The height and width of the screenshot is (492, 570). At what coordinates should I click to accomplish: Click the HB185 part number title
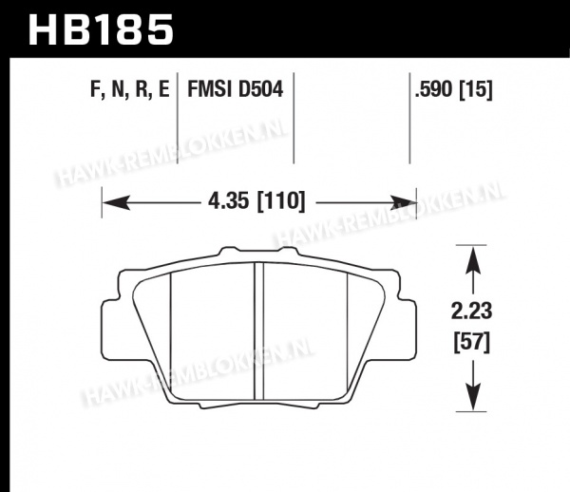[x=101, y=29]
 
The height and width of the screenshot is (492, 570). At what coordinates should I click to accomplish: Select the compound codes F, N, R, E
[x=130, y=89]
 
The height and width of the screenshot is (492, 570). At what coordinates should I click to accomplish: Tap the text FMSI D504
[x=236, y=89]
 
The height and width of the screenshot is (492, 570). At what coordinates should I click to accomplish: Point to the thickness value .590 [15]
[x=454, y=89]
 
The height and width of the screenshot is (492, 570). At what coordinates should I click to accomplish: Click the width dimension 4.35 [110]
[x=256, y=201]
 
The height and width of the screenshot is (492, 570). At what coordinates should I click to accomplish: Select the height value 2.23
[x=471, y=312]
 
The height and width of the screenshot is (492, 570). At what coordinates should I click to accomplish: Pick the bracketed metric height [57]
[x=472, y=342]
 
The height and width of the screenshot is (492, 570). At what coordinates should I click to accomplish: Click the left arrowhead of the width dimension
[x=116, y=202]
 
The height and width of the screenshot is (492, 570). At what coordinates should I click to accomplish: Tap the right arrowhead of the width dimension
[x=403, y=202]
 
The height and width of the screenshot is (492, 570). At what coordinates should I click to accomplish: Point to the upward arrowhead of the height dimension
[x=472, y=260]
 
